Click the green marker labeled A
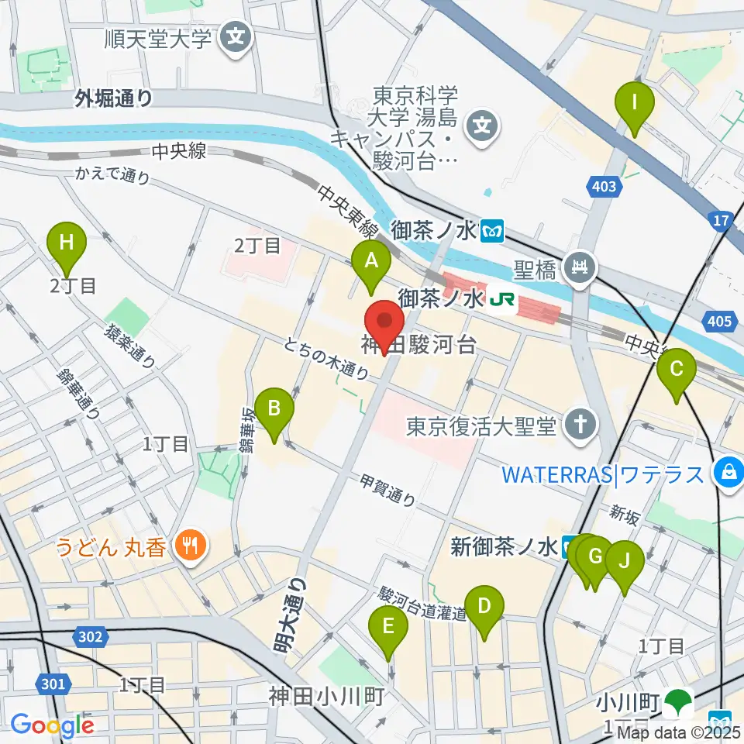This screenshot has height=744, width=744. [371, 262]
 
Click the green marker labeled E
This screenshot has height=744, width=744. [389, 626]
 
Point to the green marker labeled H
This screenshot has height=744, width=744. [67, 243]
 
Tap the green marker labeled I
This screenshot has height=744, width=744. [635, 103]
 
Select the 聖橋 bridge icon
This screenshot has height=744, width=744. [578, 267]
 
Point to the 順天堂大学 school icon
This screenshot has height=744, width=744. [234, 37]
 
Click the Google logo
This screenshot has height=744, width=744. [53, 725]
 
